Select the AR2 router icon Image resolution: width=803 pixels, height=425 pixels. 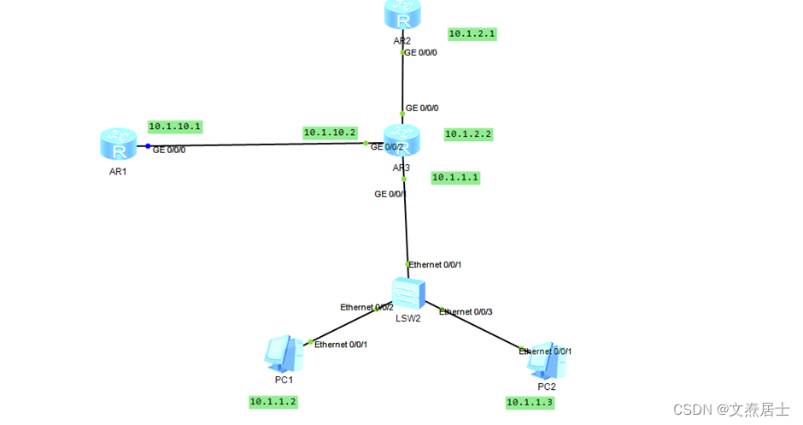coord(402,15)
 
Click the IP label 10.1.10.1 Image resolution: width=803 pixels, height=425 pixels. coord(174,127)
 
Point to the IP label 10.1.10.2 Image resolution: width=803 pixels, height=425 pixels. coord(330,133)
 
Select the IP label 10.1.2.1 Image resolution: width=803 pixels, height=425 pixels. coord(472,34)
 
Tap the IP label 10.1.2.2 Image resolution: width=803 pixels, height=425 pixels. coord(468,134)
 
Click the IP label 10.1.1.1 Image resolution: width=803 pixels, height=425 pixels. coord(455,178)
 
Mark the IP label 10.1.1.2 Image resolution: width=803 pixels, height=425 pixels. coord(273,401)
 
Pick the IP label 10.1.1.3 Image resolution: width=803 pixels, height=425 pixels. coord(530,402)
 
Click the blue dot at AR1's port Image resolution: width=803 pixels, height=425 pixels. coord(148,146)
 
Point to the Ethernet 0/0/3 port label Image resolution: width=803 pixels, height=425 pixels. coord(466,312)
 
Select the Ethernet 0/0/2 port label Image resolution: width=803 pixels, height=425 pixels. coord(366,307)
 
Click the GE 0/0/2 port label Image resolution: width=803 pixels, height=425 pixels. coord(387,147)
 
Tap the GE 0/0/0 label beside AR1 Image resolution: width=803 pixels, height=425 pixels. coord(169,150)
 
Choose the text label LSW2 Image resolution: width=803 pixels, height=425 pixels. coord(408,319)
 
